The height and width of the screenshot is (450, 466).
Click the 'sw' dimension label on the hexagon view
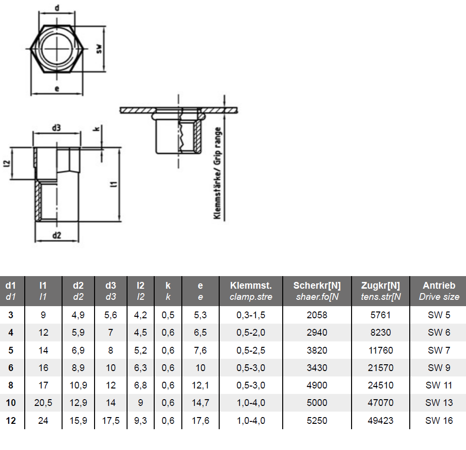point(99,49)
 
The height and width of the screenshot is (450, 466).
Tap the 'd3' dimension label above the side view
point(56,128)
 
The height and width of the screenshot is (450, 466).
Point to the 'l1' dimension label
point(113,184)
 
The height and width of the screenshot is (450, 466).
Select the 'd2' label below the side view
point(57,235)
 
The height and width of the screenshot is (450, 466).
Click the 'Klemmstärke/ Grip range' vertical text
point(218,173)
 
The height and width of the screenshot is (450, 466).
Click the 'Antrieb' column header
point(439,286)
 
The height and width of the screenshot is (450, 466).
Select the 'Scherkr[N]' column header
point(317,286)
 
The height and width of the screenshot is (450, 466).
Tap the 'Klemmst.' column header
point(251,286)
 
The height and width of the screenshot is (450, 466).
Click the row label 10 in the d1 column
point(11,403)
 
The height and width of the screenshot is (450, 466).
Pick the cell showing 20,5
point(43,403)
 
